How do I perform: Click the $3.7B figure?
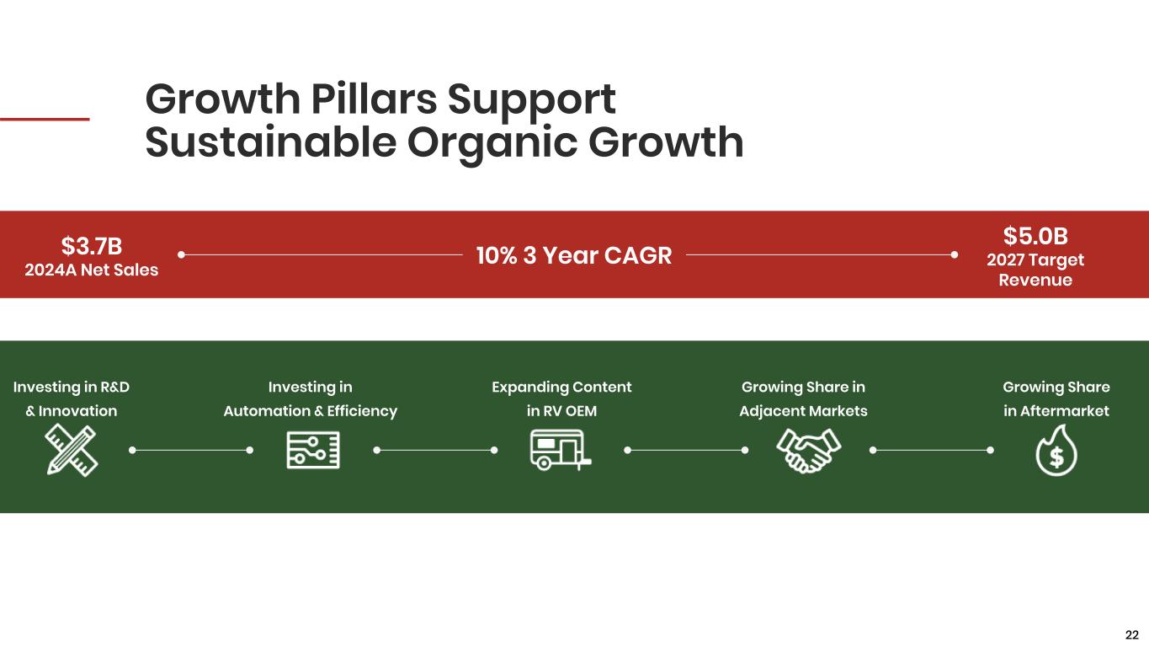pyautogui.click(x=92, y=246)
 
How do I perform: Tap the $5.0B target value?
pyautogui.click(x=1035, y=236)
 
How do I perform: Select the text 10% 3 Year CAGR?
pyautogui.click(x=574, y=255)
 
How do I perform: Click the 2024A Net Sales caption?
pyautogui.click(x=92, y=270)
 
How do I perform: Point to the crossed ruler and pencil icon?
pyautogui.click(x=72, y=451)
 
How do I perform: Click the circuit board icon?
pyautogui.click(x=313, y=451)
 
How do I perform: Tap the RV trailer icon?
pyautogui.click(x=560, y=450)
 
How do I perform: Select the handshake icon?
pyautogui.click(x=808, y=451)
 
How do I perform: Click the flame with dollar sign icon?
pyautogui.click(x=1056, y=451)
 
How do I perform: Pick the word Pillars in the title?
pyautogui.click(x=374, y=99)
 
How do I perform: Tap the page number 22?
pyautogui.click(x=1131, y=635)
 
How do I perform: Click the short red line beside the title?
pyautogui.click(x=45, y=119)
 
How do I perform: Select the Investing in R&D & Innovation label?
pyautogui.click(x=72, y=399)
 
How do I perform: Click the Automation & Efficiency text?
pyautogui.click(x=311, y=411)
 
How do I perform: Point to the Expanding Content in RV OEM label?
pyautogui.click(x=561, y=399)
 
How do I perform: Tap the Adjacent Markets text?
pyautogui.click(x=803, y=411)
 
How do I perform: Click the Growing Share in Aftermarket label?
pyautogui.click(x=1056, y=399)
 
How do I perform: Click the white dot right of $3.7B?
pyautogui.click(x=181, y=254)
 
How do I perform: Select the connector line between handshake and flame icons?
pyautogui.click(x=932, y=451)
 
